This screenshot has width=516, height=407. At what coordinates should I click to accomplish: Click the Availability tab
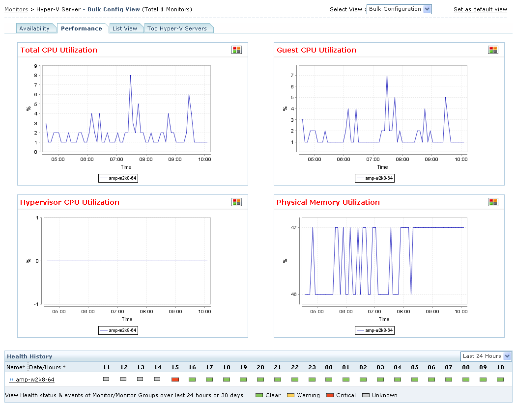34,28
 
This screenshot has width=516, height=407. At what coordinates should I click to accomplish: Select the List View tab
125,28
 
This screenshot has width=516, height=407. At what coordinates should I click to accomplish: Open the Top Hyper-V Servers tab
177,28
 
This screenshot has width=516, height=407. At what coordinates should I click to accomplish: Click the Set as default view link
480,9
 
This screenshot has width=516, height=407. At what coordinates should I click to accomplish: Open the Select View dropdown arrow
427,9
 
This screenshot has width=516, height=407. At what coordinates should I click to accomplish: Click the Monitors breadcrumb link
16,9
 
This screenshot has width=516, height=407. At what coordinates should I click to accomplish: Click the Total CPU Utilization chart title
59,50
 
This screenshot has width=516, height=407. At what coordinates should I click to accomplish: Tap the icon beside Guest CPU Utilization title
493,50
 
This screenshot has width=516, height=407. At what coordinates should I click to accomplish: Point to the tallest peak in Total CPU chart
130,76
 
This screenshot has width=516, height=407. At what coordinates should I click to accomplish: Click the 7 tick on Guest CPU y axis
292,75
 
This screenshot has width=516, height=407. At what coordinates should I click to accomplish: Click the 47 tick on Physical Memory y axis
293,228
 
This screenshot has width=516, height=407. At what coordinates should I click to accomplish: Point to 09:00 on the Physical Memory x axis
432,311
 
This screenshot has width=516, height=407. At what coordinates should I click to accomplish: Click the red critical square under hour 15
175,380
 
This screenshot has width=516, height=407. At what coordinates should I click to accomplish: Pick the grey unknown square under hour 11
106,379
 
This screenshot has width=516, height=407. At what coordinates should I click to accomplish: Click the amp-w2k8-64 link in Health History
35,380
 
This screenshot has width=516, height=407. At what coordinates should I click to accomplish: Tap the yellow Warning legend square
290,395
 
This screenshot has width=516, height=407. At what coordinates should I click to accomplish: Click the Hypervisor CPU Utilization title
70,202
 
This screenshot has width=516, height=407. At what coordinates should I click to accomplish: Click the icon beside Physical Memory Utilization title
493,202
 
